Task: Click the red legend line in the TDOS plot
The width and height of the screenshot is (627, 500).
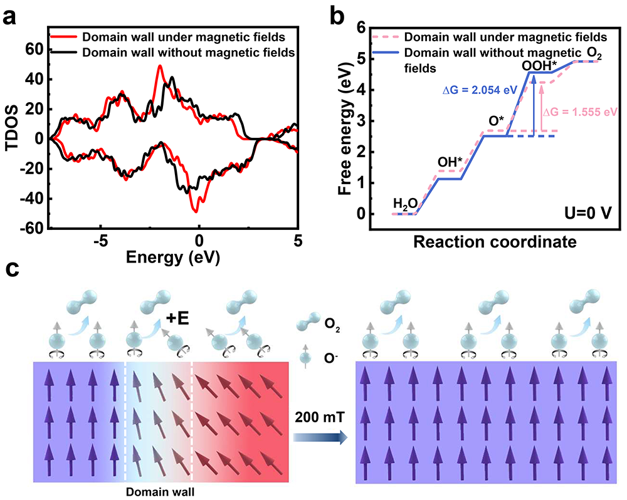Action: tap(65, 39)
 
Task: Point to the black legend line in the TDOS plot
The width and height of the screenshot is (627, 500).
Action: tap(65, 53)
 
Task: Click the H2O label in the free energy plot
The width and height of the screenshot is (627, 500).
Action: tap(405, 203)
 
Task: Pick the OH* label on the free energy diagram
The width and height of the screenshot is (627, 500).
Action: tap(450, 161)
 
